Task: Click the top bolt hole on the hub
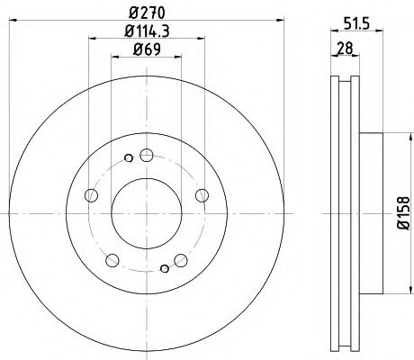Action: pos(148,154)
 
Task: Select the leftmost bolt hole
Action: pos(90,194)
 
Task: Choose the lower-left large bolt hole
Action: pos(112,260)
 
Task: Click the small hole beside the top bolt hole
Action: pos(130,159)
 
